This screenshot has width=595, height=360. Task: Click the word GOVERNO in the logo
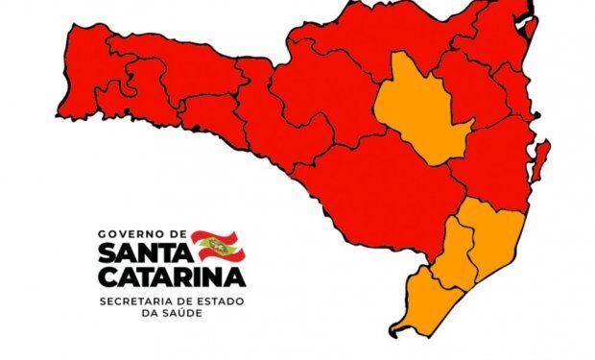pos(133,233)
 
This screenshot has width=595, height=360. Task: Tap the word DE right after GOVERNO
pos(178,233)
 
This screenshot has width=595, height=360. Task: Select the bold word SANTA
pos(144,252)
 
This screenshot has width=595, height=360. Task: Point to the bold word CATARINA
pos(171,277)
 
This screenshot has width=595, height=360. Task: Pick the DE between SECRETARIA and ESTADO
pos(190,301)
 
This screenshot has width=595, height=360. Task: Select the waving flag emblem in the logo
pos(218,246)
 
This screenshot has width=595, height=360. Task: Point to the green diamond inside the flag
pos(218,246)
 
